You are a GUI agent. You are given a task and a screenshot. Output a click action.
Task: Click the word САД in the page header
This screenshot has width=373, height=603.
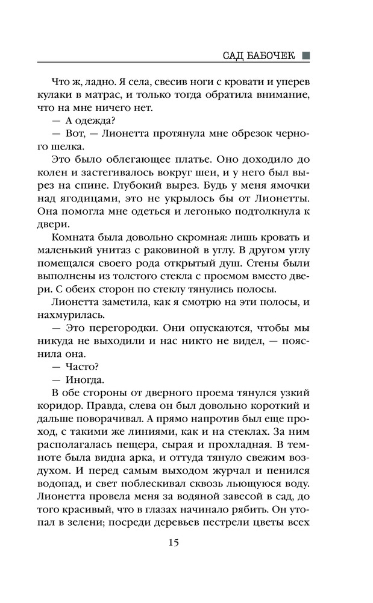coord(234,55)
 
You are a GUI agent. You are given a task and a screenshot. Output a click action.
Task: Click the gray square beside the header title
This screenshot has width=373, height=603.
coord(306,55)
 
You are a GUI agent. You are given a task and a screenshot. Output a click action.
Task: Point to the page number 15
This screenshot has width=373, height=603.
coord(174,542)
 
